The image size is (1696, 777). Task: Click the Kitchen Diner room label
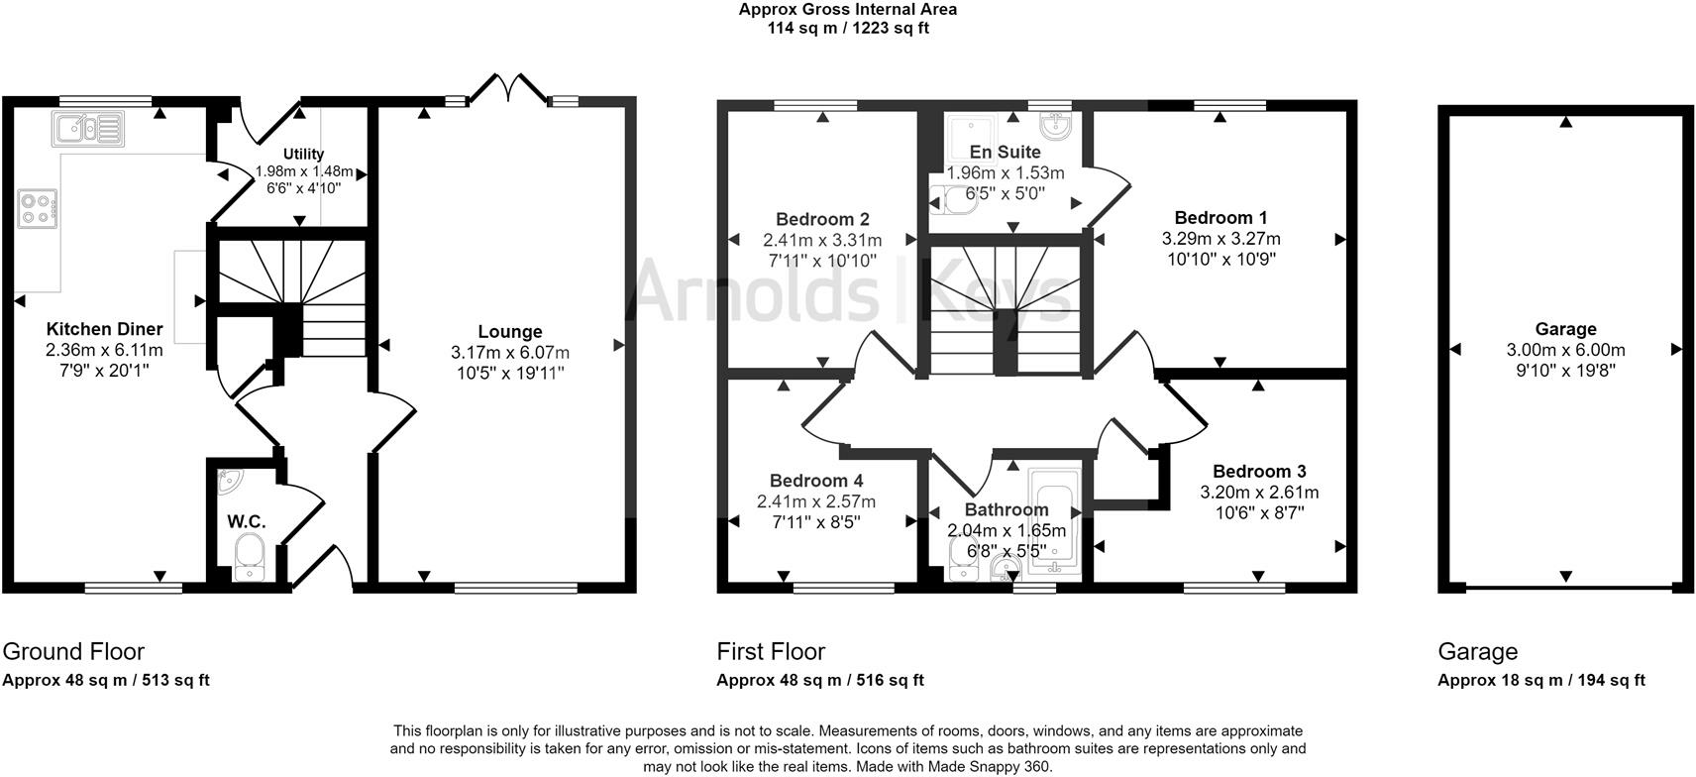pyautogui.click(x=104, y=329)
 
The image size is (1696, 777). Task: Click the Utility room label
pyautogui.click(x=303, y=154)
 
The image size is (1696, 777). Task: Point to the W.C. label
pyautogui.click(x=247, y=521)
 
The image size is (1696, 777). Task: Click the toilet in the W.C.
pyautogui.click(x=249, y=556)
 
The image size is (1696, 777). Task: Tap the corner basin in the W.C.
pyautogui.click(x=229, y=481)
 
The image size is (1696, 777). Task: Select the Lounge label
pyautogui.click(x=509, y=332)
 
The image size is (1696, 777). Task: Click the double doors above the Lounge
pyautogui.click(x=509, y=89)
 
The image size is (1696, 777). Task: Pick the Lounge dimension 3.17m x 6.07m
pyautogui.click(x=509, y=352)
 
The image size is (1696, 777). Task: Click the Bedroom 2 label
pyautogui.click(x=822, y=219)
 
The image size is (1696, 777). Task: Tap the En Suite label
pyautogui.click(x=1005, y=152)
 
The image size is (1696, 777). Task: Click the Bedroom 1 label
pyautogui.click(x=1220, y=218)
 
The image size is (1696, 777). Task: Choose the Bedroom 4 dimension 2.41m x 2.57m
pyautogui.click(x=816, y=501)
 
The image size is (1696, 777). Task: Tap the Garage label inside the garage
pyautogui.click(x=1565, y=329)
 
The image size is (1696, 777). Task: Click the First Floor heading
pyautogui.click(x=771, y=651)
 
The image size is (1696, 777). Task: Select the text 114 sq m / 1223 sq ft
pyautogui.click(x=848, y=28)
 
